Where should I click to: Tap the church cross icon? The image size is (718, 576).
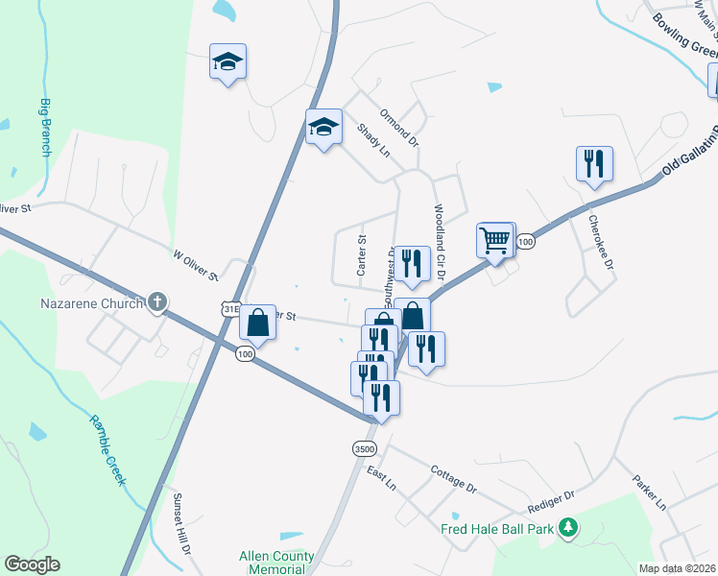pos(157,303)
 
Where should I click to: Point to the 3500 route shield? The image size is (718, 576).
pos(364,448)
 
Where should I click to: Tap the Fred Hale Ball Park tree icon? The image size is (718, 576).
pos(568,527)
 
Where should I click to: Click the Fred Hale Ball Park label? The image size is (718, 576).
pos(499,528)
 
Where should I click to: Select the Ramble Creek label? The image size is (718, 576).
pos(108,449)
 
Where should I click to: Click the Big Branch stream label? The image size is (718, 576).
pos(45,126)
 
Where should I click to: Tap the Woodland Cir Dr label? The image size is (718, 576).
pos(438,241)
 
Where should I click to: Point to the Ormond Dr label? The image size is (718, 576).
pos(399,128)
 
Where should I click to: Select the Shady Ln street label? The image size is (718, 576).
pos(373,140)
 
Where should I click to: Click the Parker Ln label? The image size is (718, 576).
pos(648,491)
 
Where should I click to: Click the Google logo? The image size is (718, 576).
pos(32,564)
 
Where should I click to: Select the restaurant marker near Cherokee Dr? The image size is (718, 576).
pos(594,164)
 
